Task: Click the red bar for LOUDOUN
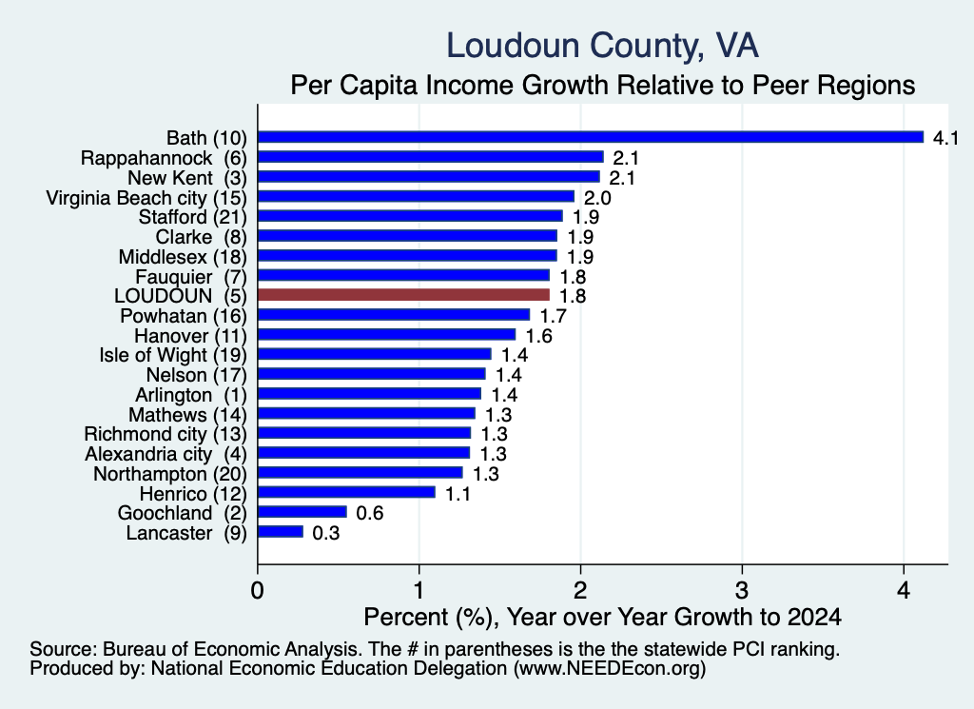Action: [403, 294]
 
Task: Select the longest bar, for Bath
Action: [591, 137]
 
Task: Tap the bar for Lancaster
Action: [281, 532]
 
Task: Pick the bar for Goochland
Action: [302, 512]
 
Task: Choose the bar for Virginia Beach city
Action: [417, 196]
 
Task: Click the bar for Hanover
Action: [386, 335]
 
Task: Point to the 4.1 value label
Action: [946, 137]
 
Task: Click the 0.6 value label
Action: [370, 513]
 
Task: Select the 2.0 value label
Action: [597, 198]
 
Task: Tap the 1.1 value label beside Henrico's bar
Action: [458, 493]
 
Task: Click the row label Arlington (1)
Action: [191, 395]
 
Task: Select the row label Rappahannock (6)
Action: [164, 158]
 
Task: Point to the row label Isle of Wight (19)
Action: [173, 355]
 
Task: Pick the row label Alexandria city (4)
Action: [166, 454]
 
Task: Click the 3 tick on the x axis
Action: [742, 590]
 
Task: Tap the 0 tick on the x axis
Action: [257, 590]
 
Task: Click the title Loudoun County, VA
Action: [602, 46]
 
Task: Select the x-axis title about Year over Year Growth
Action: [602, 617]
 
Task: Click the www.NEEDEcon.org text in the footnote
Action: [610, 668]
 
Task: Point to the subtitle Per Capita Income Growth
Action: [602, 85]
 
